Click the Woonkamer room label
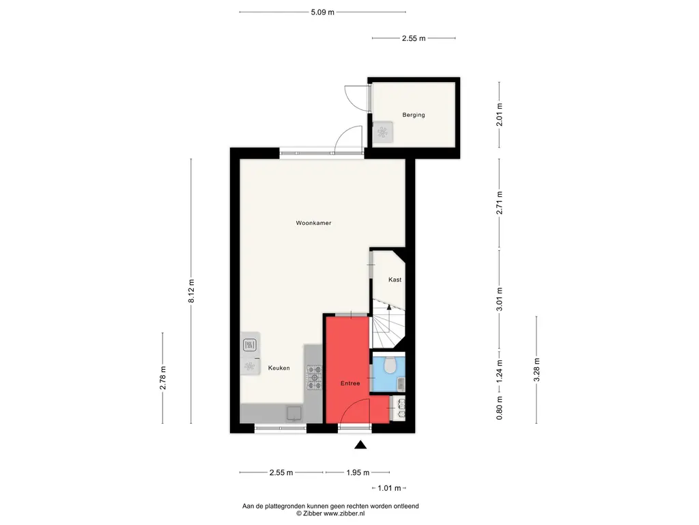point(313,223)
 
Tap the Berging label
point(414,115)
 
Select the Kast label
point(395,280)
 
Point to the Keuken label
point(279,368)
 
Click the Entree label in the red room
point(350,383)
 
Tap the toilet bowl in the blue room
point(391,365)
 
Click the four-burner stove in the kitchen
point(314,377)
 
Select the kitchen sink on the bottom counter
point(294,414)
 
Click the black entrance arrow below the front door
point(360,444)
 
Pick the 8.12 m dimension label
point(191,291)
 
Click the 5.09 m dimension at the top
point(322,12)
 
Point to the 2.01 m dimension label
point(499,115)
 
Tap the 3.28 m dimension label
point(537,370)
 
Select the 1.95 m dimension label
point(358,472)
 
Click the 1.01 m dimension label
point(389,488)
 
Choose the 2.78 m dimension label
point(162,378)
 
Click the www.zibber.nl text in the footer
point(344,513)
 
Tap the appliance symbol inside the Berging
point(382,132)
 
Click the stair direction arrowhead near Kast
point(388,307)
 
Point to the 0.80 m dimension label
point(499,408)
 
